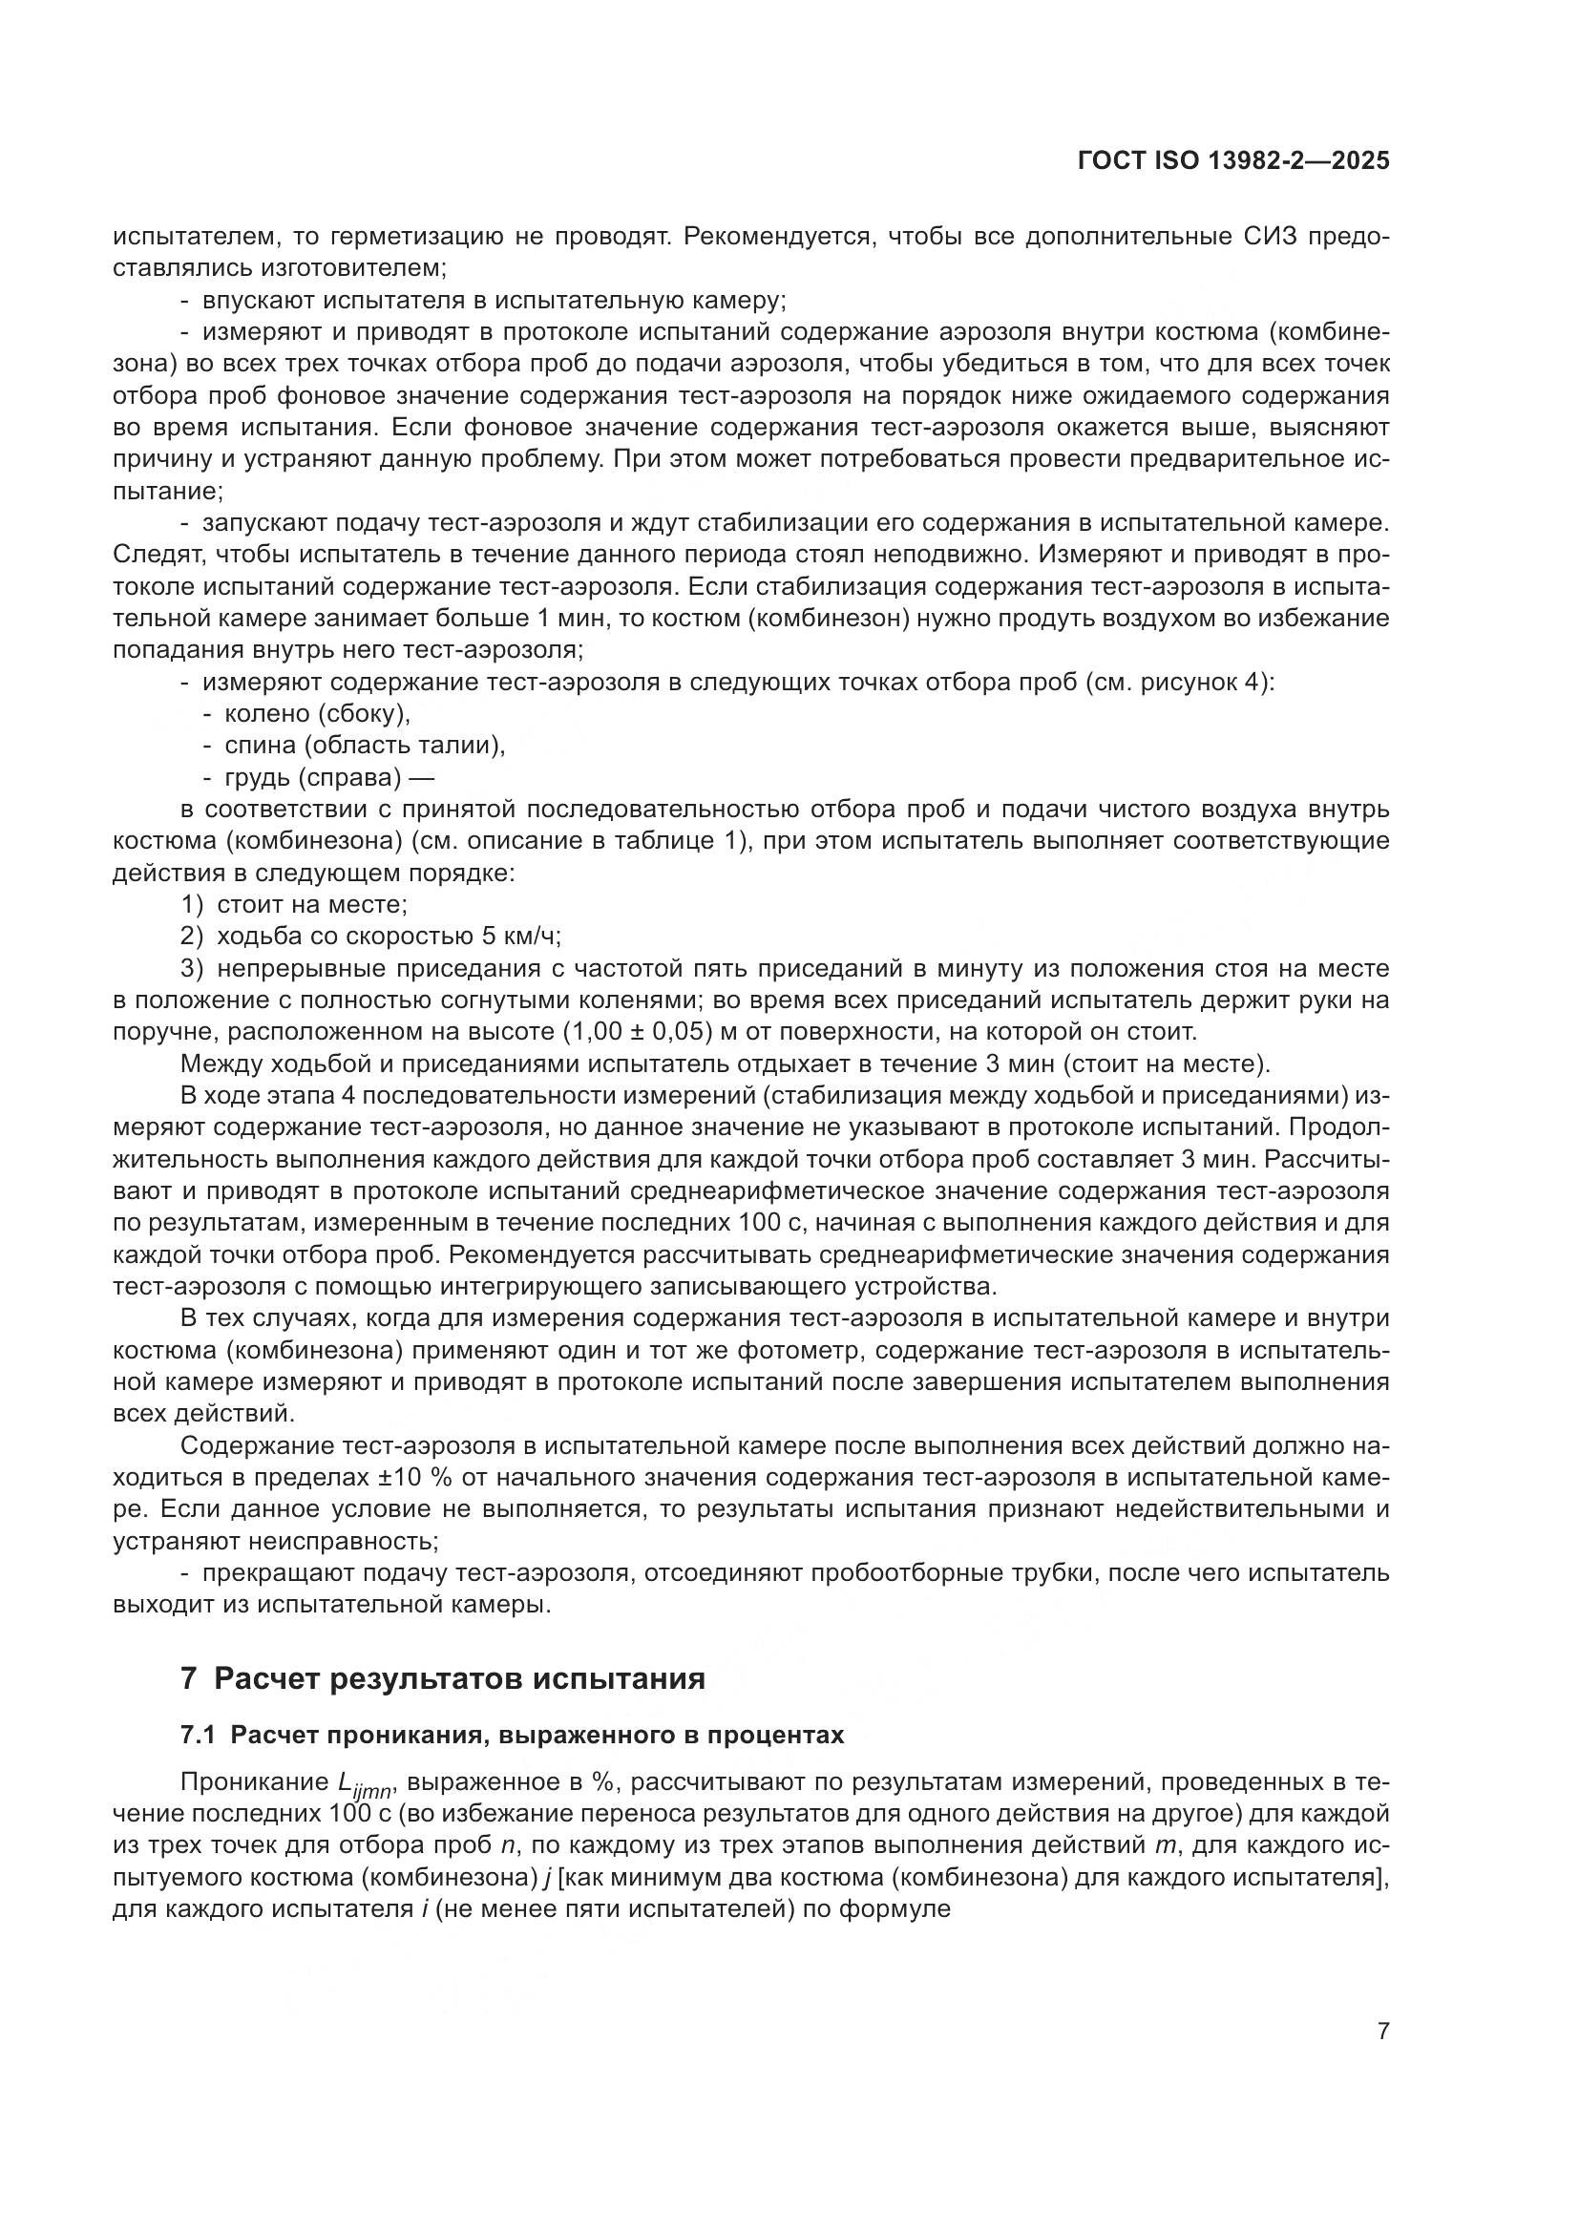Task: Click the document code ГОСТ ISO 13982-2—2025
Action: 1232,161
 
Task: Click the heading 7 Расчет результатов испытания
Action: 442,1677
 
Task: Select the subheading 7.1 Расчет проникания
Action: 513,1736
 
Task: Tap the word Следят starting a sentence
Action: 156,555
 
